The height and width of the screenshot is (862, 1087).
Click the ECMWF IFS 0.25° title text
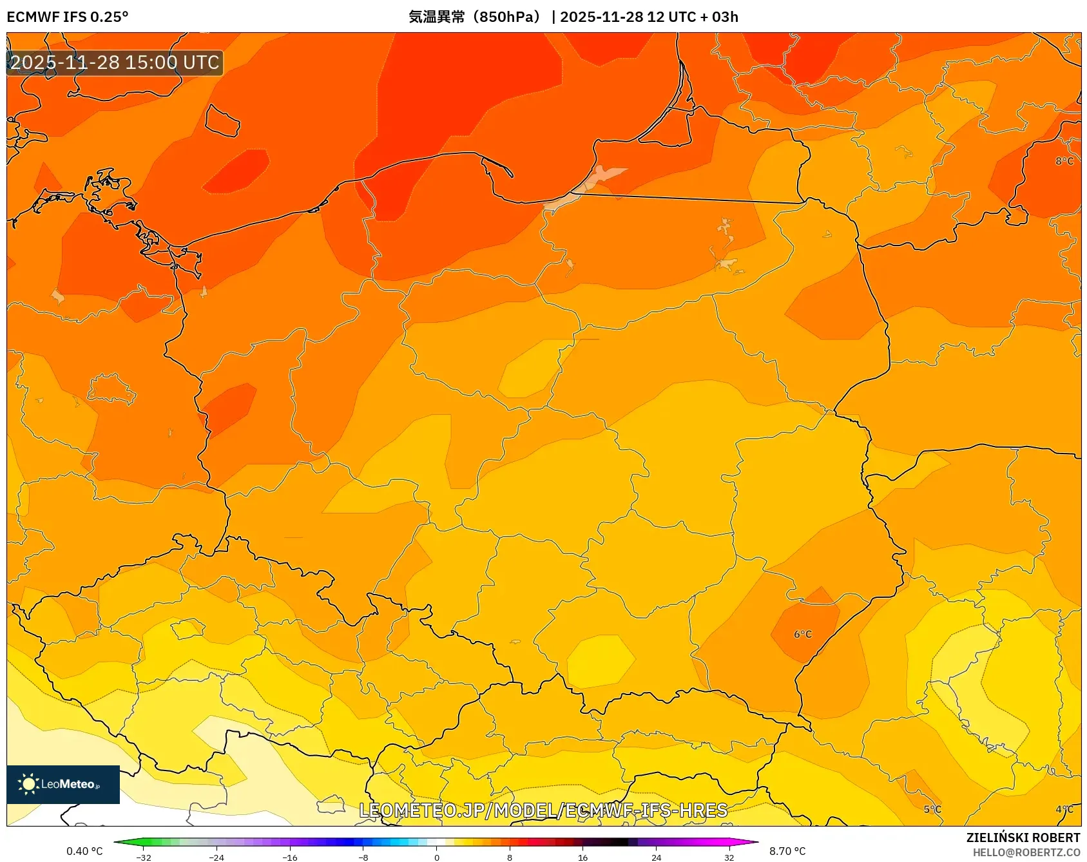click(x=68, y=17)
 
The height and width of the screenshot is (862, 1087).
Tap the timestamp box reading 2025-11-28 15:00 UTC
click(x=115, y=62)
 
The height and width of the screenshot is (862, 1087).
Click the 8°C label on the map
click(x=1064, y=161)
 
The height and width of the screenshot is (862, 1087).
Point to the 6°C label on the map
click(x=803, y=635)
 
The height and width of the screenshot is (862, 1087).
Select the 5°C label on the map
click(x=932, y=809)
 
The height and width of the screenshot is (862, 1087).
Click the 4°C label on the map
click(x=1064, y=809)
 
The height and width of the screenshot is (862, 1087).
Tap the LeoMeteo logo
click(x=63, y=784)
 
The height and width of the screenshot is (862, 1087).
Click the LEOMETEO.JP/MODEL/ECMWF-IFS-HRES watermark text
click(x=543, y=810)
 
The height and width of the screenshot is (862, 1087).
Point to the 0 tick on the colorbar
click(x=437, y=857)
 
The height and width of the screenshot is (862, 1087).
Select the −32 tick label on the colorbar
click(x=144, y=857)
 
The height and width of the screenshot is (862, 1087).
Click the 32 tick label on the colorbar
click(x=729, y=857)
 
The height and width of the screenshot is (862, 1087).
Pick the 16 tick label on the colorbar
click(x=582, y=857)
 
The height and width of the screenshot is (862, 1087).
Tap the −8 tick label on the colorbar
click(x=363, y=857)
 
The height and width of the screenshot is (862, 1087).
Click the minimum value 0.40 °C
click(x=84, y=851)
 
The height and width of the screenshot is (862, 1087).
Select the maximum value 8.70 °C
click(x=787, y=851)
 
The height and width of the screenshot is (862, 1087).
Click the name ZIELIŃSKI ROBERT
click(x=1023, y=838)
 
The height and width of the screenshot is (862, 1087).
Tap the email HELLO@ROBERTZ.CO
click(x=1026, y=852)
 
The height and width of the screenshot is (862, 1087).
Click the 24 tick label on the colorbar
click(x=656, y=857)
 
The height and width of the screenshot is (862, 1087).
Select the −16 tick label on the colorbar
click(x=290, y=857)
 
